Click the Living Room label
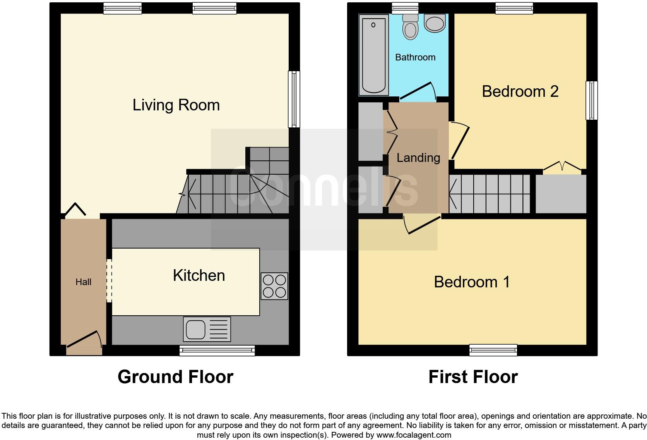coord(176,105)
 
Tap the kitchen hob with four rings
coord(274,286)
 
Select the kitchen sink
coord(207,329)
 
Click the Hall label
coord(83,282)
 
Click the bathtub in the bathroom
coord(373,55)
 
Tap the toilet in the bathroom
coord(410,27)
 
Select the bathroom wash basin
coord(435,23)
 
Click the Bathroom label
coord(415,57)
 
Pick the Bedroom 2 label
coord(520,91)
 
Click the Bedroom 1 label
coord(472,282)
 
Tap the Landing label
coord(418,158)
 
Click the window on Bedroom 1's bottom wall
coord(493,350)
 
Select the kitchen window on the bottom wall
coord(217,351)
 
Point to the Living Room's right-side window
coord(294,99)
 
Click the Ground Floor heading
coord(175,377)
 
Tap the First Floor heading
coord(473,377)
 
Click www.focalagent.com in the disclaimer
coord(414,435)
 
